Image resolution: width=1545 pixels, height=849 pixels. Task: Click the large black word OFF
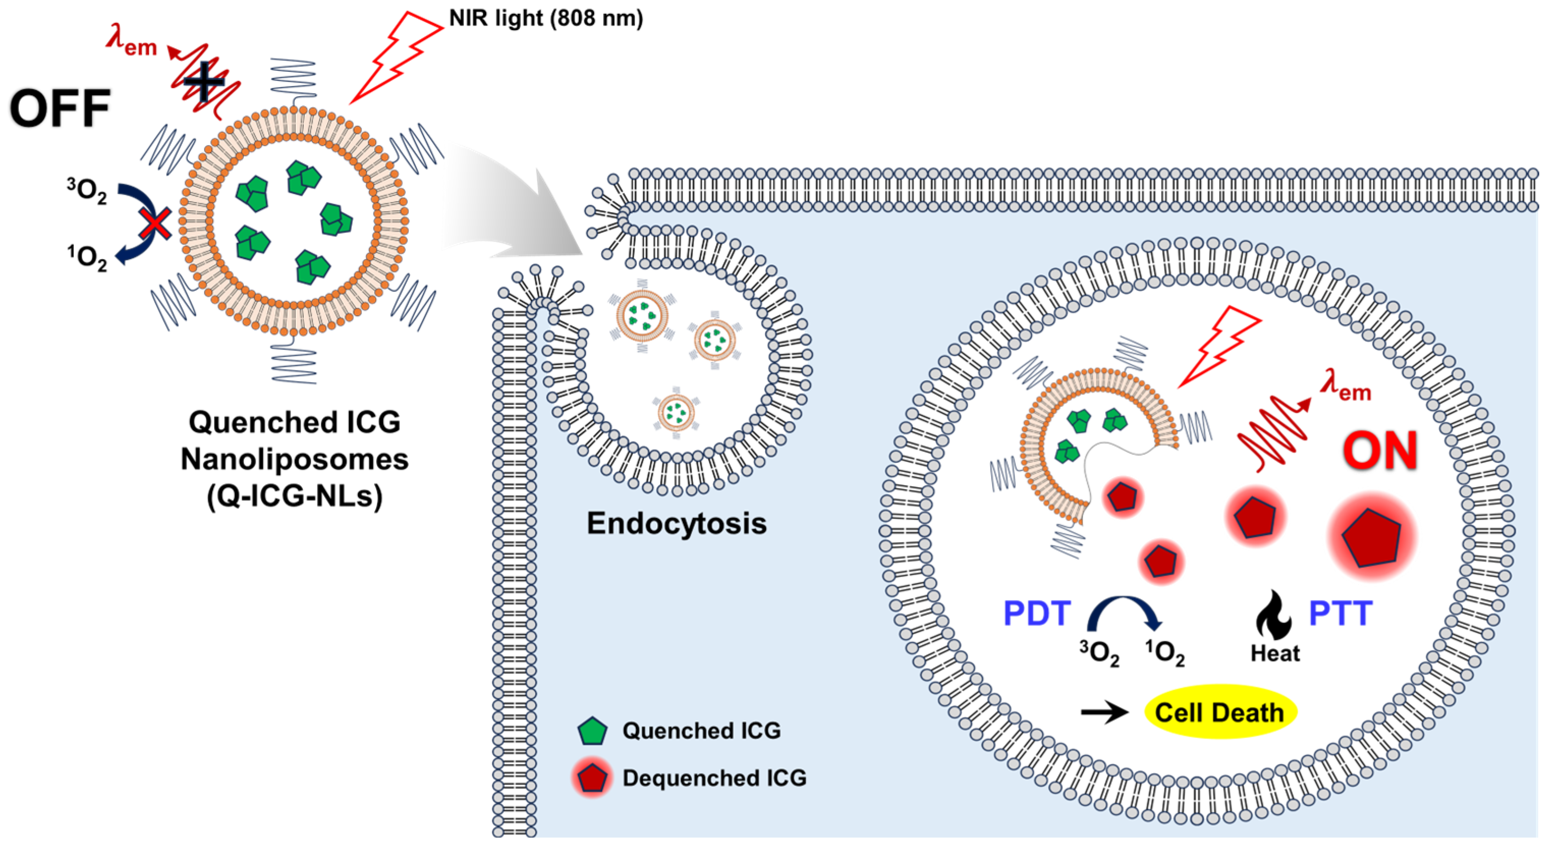pyautogui.click(x=60, y=108)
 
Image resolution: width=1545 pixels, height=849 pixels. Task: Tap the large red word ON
pyautogui.click(x=1380, y=450)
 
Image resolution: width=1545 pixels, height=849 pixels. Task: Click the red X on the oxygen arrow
pyautogui.click(x=155, y=225)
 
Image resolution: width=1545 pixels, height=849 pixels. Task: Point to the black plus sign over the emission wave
pyautogui.click(x=204, y=81)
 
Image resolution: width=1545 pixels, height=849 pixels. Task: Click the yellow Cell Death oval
pyautogui.click(x=1221, y=712)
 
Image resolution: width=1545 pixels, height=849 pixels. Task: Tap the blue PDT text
pyautogui.click(x=1037, y=613)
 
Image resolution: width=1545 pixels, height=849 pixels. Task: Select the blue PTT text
pyautogui.click(x=1340, y=613)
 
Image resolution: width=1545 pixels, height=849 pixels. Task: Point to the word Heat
pyautogui.click(x=1275, y=653)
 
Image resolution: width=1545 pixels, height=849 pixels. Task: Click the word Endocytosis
pyautogui.click(x=677, y=523)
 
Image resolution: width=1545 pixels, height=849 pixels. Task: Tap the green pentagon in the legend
pyautogui.click(x=593, y=731)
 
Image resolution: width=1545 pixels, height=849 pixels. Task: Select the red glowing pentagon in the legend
pyautogui.click(x=593, y=778)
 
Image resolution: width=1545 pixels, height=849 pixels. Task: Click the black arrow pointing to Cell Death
pyautogui.click(x=1105, y=712)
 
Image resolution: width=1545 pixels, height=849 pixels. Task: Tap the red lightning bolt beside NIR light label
pyautogui.click(x=396, y=57)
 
